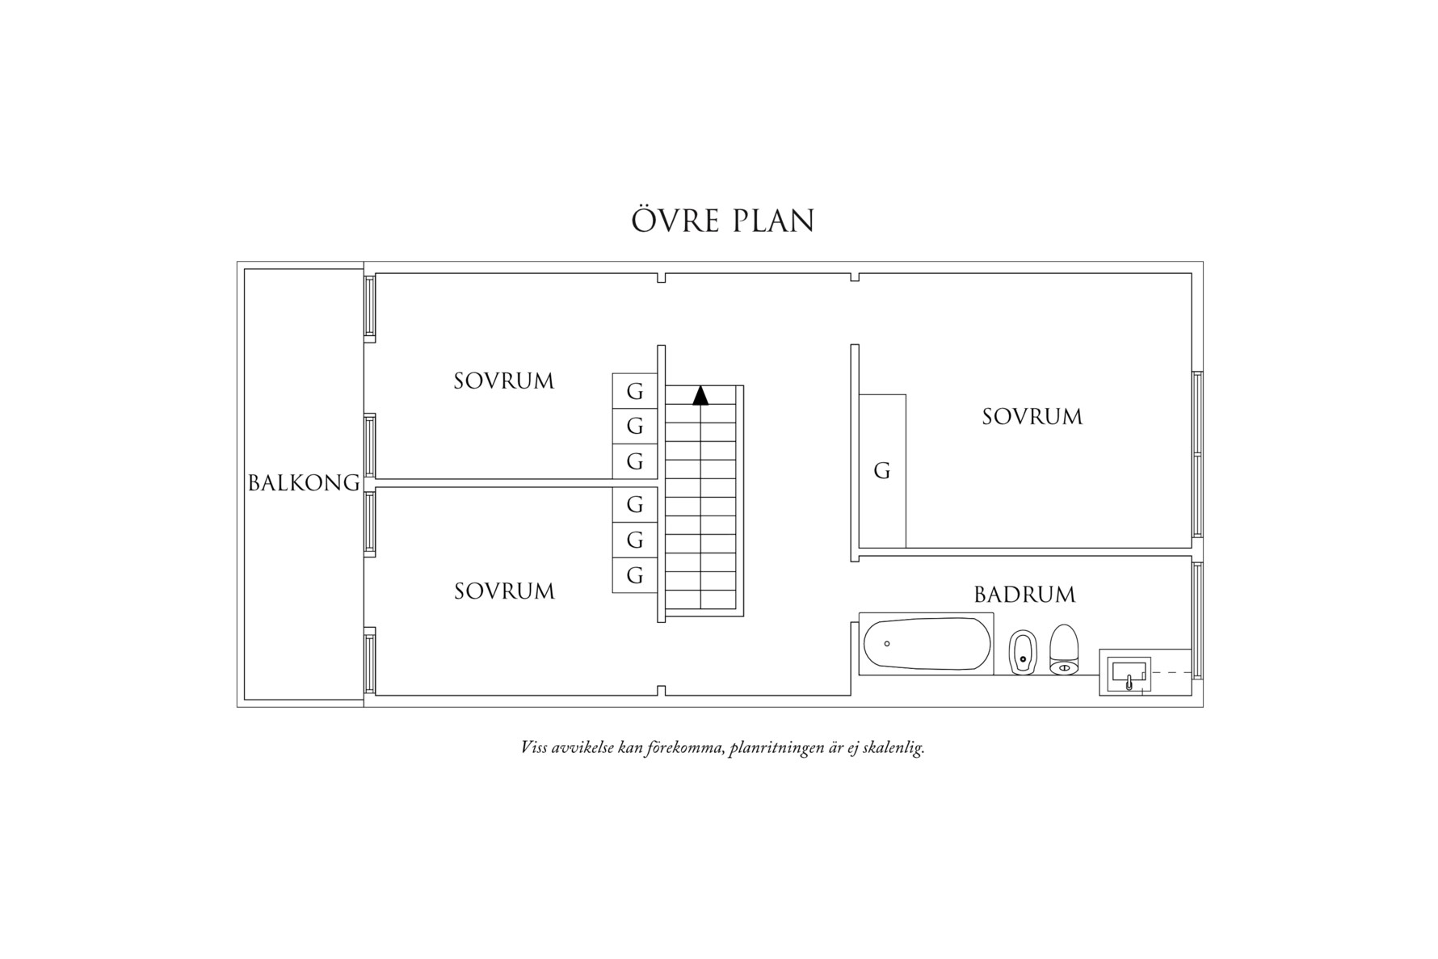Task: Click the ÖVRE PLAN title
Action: click(722, 221)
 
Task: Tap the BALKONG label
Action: click(304, 483)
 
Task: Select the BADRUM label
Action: click(1024, 595)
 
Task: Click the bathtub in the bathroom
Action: click(927, 644)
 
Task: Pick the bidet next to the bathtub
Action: click(1023, 651)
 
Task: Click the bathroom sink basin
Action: click(1129, 672)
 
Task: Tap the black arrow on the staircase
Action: click(700, 395)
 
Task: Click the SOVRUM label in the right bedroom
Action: click(1032, 417)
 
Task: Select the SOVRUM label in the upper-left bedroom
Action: click(504, 381)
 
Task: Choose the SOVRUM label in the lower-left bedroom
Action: click(504, 591)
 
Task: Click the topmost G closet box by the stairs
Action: click(635, 391)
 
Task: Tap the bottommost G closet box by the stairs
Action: click(635, 575)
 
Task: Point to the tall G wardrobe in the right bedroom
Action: click(882, 471)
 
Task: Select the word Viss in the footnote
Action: click(534, 747)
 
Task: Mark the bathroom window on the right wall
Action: click(1197, 620)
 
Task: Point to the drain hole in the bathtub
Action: click(887, 643)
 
